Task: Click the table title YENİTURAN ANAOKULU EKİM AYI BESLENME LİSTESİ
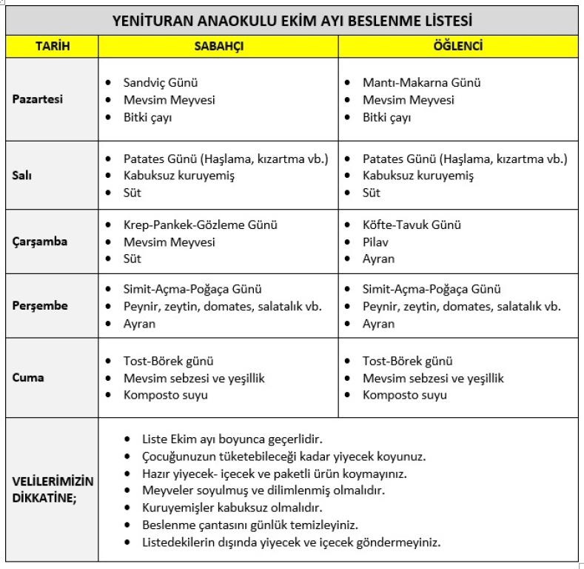[x=292, y=20]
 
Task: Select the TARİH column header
[x=53, y=46]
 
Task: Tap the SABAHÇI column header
[x=218, y=46]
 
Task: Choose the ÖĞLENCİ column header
[x=458, y=46]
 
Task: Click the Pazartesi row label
[x=38, y=100]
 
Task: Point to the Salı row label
[x=23, y=176]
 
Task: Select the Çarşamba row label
[x=40, y=242]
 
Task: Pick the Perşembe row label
[x=40, y=306]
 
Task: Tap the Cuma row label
[x=28, y=377]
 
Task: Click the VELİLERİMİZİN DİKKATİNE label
[x=44, y=489]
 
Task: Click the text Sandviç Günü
[x=161, y=83]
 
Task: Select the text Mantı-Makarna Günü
[x=421, y=83]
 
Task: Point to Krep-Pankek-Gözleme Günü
[x=201, y=224]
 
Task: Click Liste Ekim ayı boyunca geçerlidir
[x=232, y=439]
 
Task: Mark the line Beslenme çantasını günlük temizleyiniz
[x=250, y=525]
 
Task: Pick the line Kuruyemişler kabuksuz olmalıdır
[x=232, y=508]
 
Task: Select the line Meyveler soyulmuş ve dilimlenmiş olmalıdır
[x=263, y=490]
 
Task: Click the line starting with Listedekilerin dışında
[x=291, y=542]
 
